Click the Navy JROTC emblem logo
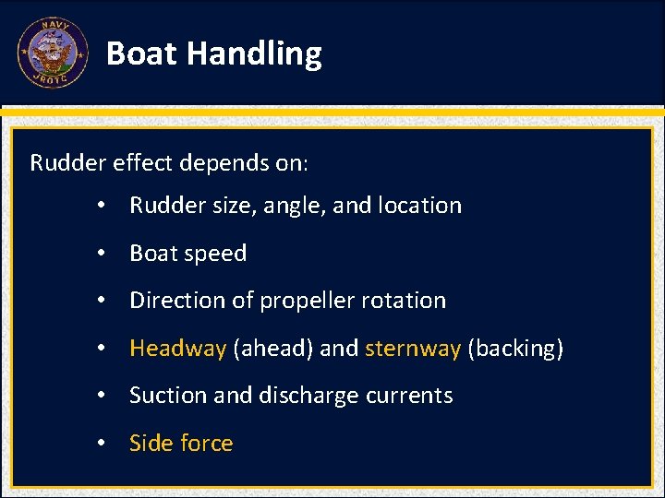pyautogui.click(x=53, y=53)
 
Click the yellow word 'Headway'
pyautogui.click(x=177, y=349)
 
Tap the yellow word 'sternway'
pyautogui.click(x=413, y=349)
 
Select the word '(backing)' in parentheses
pyautogui.click(x=515, y=349)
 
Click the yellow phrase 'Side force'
pyautogui.click(x=181, y=444)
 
